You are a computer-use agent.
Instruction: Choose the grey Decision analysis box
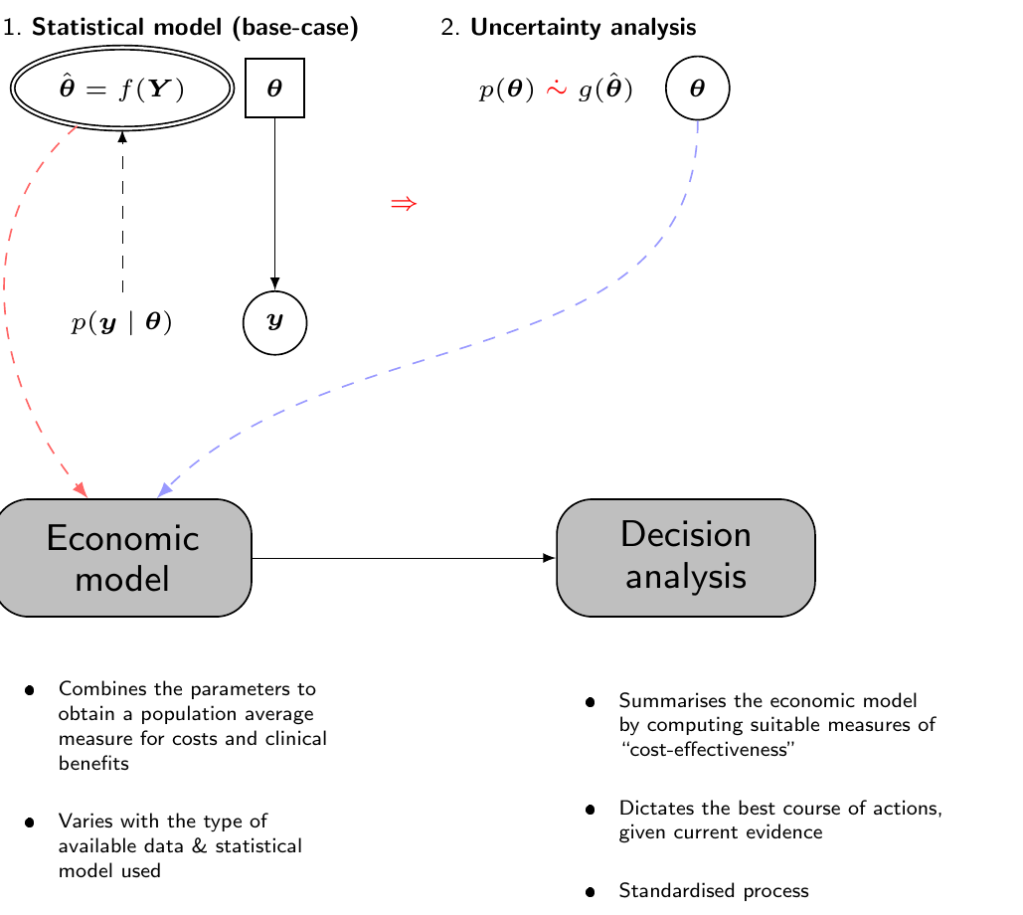click(x=686, y=558)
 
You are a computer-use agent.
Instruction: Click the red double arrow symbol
click(x=404, y=204)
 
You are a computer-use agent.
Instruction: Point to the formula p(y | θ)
click(x=121, y=322)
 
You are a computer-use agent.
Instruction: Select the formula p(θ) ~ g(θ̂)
click(x=556, y=89)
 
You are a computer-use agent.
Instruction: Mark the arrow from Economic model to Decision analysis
click(x=404, y=558)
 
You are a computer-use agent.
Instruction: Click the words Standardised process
click(x=714, y=891)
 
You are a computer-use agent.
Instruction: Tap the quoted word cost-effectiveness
click(x=708, y=749)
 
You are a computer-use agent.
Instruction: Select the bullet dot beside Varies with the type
click(x=30, y=823)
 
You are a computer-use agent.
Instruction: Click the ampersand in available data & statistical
click(x=200, y=845)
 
